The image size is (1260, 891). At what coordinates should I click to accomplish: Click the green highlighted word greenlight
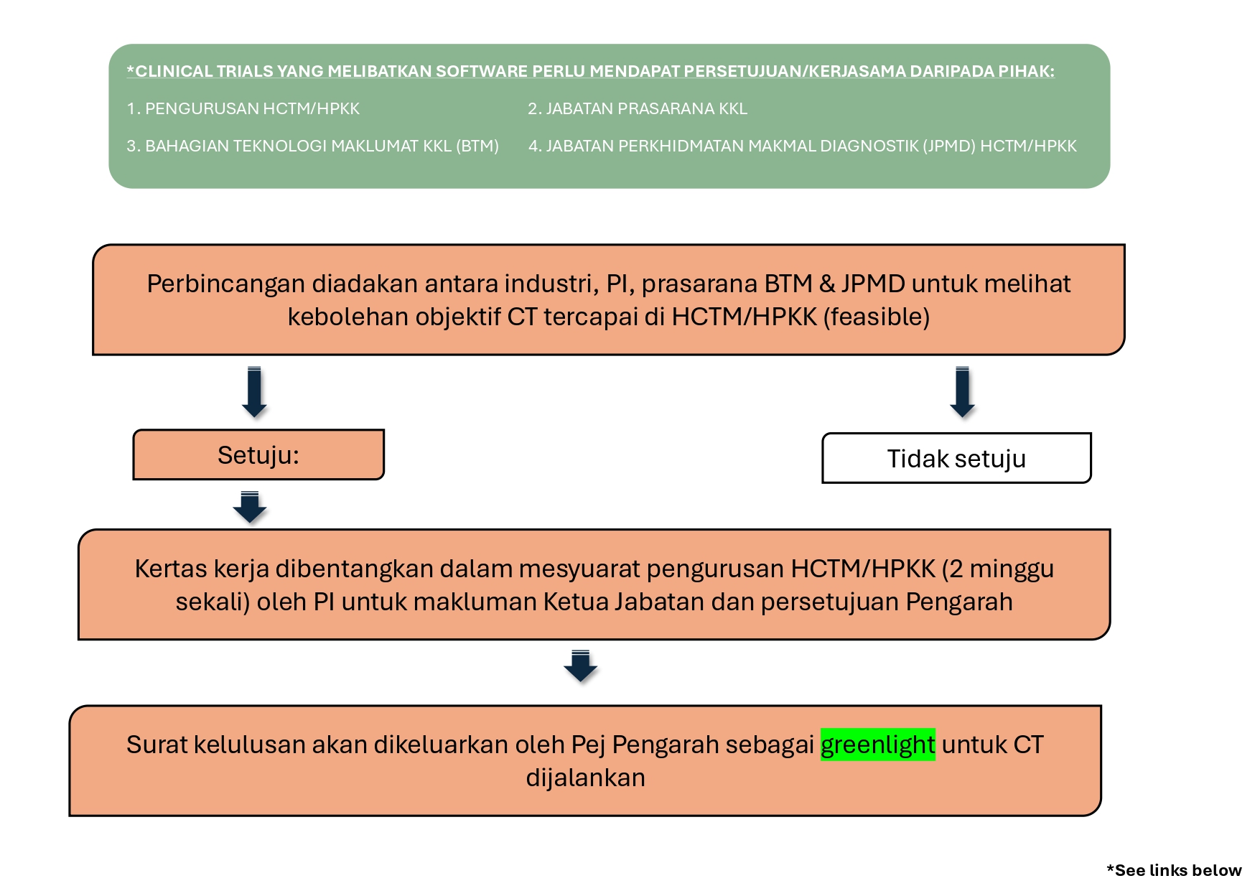(877, 745)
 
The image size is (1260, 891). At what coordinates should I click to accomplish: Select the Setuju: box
(258, 454)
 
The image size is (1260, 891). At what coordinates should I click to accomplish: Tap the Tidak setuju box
(956, 458)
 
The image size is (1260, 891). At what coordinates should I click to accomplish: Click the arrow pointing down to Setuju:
(254, 392)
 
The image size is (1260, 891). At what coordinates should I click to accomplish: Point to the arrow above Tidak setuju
(962, 392)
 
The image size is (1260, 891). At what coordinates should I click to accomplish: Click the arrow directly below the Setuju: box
(250, 507)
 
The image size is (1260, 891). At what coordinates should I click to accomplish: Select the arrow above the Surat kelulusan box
(580, 666)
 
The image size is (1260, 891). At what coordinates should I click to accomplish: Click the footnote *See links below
(1174, 870)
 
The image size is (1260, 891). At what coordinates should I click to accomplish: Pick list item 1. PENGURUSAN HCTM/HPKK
(243, 108)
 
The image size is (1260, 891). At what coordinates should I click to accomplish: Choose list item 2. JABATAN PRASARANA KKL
(638, 108)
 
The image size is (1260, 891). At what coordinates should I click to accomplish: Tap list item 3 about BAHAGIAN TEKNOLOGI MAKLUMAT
(312, 146)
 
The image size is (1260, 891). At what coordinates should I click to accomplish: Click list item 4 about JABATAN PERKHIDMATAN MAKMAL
(803, 146)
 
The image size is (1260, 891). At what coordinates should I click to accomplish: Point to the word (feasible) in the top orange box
(876, 316)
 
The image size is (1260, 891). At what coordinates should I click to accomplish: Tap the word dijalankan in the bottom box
(585, 778)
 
